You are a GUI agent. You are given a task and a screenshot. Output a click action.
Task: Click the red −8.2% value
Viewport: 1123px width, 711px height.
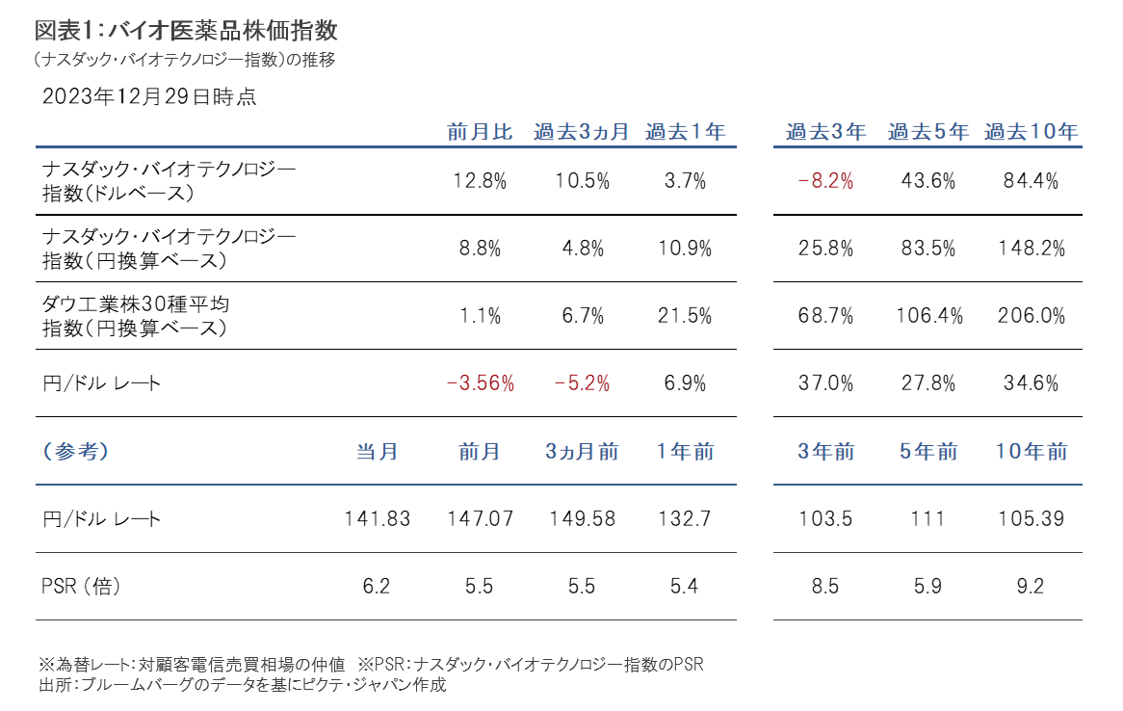pyautogui.click(x=825, y=180)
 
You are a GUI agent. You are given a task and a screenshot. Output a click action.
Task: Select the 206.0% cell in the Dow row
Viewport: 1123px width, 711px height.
pyautogui.click(x=1031, y=315)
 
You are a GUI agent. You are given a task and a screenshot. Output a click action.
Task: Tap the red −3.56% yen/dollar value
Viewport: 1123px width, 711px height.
pyautogui.click(x=480, y=382)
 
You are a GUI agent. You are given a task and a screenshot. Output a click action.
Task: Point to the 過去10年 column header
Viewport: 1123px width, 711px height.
pyautogui.click(x=1031, y=132)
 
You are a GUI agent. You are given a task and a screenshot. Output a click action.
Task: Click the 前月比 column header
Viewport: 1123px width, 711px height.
pyautogui.click(x=480, y=132)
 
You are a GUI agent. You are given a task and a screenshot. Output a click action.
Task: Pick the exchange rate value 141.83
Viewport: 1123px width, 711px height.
pyautogui.click(x=377, y=519)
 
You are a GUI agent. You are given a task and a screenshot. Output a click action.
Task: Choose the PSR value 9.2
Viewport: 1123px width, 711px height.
pyautogui.click(x=1031, y=586)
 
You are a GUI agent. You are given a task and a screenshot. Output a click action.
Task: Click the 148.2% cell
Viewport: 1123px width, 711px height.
pyautogui.click(x=1031, y=248)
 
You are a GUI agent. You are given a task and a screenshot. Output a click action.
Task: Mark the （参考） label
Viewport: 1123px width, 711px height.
pyautogui.click(x=76, y=452)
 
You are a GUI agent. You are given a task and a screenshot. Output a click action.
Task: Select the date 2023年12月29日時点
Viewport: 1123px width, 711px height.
pyautogui.click(x=149, y=96)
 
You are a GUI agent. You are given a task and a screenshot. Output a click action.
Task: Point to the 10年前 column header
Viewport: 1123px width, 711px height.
pyautogui.click(x=1031, y=452)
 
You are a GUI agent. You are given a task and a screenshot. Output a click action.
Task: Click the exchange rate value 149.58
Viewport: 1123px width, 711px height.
pyautogui.click(x=582, y=519)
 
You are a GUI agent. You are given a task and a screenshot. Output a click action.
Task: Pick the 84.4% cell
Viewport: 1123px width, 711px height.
pyautogui.click(x=1031, y=180)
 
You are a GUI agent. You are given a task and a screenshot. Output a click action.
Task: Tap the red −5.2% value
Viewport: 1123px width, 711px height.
pyautogui.click(x=582, y=382)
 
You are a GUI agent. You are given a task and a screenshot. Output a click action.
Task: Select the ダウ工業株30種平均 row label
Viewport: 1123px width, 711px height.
pyautogui.click(x=136, y=304)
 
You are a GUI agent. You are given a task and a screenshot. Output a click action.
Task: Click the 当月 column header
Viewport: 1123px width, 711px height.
pyautogui.click(x=377, y=452)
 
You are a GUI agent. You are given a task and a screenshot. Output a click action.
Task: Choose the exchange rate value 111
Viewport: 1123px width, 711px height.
pyautogui.click(x=928, y=519)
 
